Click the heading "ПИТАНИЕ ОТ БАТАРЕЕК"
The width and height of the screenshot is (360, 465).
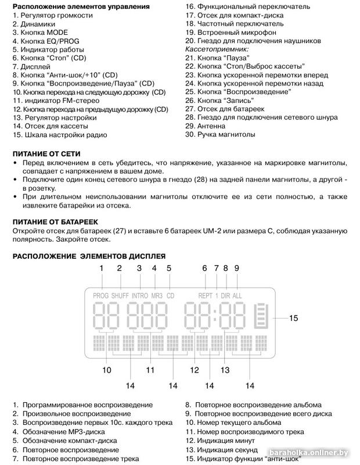56,222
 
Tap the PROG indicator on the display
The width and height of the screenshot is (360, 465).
100,295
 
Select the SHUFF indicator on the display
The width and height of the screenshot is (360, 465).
120,295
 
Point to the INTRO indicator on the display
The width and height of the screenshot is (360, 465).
140,295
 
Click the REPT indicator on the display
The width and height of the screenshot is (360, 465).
206,295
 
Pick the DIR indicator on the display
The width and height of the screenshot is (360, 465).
226,295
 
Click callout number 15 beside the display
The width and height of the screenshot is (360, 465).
294,318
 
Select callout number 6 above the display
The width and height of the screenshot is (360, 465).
204,268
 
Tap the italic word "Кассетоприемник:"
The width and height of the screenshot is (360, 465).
217,50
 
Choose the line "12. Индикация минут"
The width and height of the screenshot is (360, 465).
224,441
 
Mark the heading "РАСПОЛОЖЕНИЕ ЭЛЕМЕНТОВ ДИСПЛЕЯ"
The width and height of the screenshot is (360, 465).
89,256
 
